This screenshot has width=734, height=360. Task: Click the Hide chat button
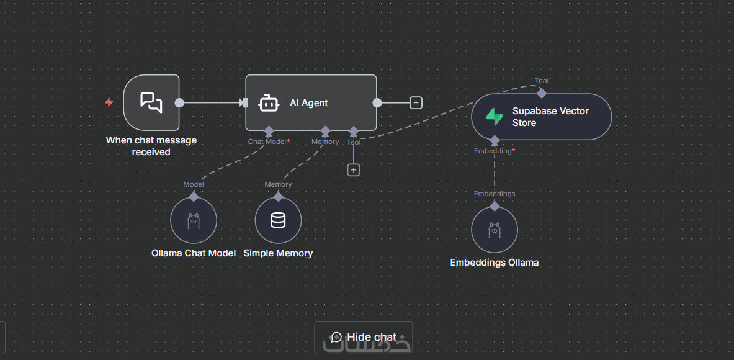coord(364,337)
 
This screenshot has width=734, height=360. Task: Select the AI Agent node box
coord(311,103)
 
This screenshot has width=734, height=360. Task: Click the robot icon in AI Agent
coord(268,103)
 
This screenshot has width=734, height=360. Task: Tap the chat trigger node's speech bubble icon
coord(151,102)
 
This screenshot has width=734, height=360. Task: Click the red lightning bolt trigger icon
coord(109,102)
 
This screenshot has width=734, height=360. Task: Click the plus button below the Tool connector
coord(354,169)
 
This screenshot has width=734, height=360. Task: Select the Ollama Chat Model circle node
coord(194,220)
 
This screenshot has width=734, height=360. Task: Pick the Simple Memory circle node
coord(278,220)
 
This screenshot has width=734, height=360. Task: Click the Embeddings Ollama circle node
coord(495,230)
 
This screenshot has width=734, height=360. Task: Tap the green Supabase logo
coord(495,117)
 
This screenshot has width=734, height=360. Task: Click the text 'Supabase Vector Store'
coord(550,117)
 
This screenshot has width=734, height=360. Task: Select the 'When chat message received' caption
coord(151,146)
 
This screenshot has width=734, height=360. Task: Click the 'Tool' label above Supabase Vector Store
coord(542,81)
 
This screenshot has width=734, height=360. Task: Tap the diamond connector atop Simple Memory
coord(278,197)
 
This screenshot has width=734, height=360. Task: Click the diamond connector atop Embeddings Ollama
coord(495,206)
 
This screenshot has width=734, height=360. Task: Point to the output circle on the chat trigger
coord(179,103)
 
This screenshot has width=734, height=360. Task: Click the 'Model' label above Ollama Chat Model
coord(194,184)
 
